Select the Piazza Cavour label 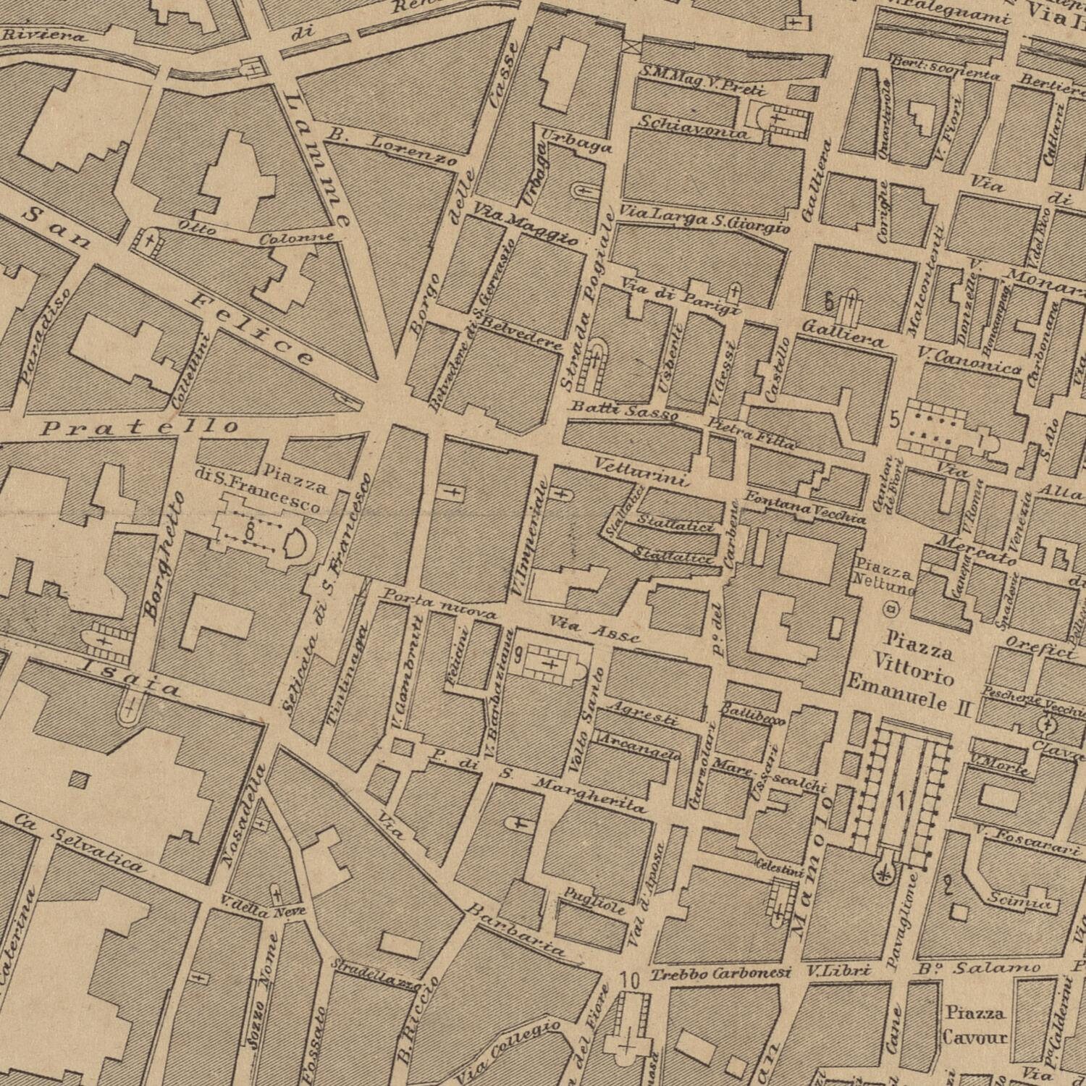point(975,1024)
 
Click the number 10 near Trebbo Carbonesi point(630,981)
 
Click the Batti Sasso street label point(624,411)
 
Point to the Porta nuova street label point(439,605)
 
